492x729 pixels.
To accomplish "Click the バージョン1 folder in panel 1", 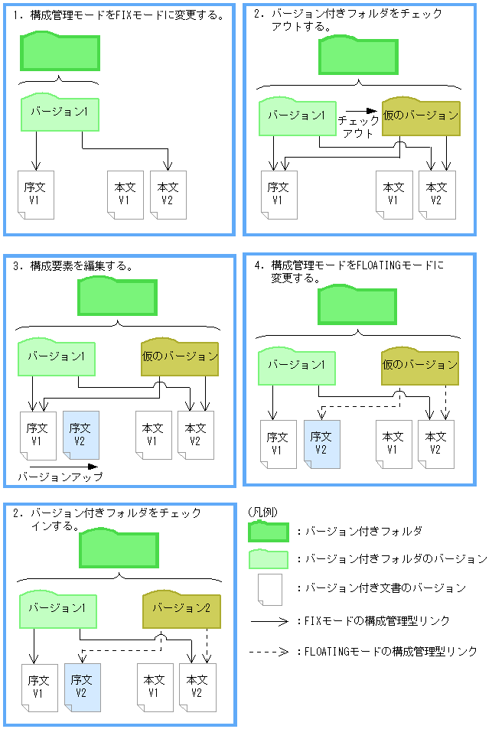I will [60, 113].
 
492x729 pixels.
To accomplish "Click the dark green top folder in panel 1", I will [60, 53].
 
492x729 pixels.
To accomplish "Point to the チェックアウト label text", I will [358, 127].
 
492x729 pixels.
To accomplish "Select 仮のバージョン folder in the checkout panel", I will [421, 117].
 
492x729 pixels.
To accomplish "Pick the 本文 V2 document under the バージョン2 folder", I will [197, 686].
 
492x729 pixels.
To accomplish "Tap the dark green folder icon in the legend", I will [269, 532].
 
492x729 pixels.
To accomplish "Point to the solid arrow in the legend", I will [269, 621].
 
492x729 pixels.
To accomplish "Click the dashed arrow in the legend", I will [269, 652].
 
